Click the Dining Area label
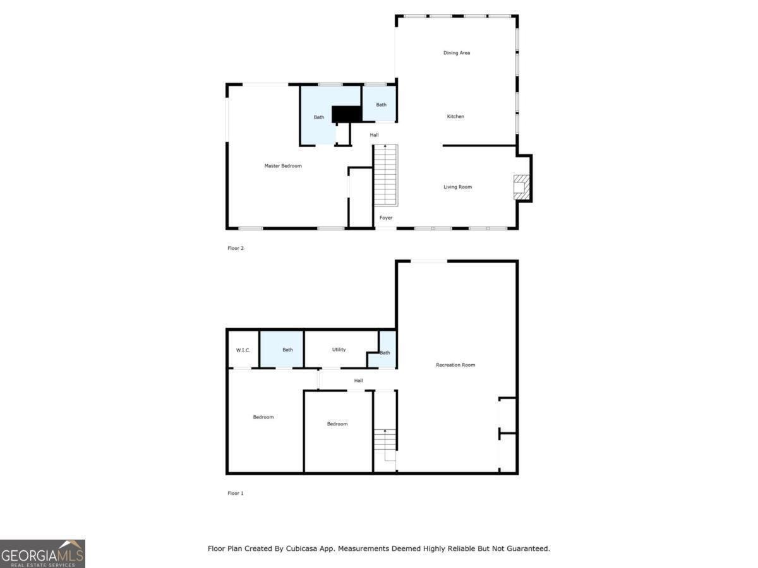456,53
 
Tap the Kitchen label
455,117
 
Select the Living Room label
457,187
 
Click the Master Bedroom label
283,166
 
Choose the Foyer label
385,218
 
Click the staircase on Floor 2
385,175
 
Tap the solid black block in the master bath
346,114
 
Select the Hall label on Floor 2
375,135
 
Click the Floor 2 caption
236,248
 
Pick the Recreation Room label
455,365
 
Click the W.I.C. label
243,350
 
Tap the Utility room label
339,350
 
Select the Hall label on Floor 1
359,381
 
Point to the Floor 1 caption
236,493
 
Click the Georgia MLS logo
42,553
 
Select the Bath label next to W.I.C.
287,350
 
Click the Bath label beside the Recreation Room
385,353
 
